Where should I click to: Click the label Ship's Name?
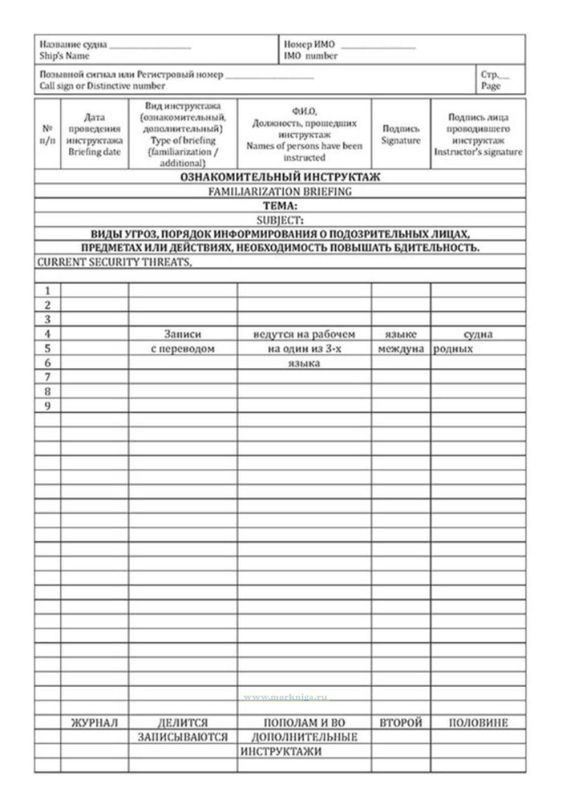pyautogui.click(x=64, y=56)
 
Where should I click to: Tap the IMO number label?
pyautogui.click(x=310, y=56)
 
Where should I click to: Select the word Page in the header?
pyautogui.click(x=491, y=86)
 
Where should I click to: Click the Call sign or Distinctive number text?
pyautogui.click(x=102, y=86)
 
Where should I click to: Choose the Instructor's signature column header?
pyautogui.click(x=478, y=152)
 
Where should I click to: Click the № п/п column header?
pyautogui.click(x=47, y=134)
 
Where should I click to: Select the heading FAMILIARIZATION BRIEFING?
pyautogui.click(x=280, y=191)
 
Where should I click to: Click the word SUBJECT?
pyautogui.click(x=280, y=220)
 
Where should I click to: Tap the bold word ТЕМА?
pyautogui.click(x=280, y=206)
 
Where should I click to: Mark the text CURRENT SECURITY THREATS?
pyautogui.click(x=114, y=262)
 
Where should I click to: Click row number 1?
pyautogui.click(x=47, y=290)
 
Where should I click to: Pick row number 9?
pyautogui.click(x=47, y=406)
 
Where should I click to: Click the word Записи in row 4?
pyautogui.click(x=183, y=334)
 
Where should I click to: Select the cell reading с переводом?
pyautogui.click(x=183, y=349)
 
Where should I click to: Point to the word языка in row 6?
pyautogui.click(x=304, y=363)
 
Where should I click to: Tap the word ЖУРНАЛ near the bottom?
pyautogui.click(x=94, y=723)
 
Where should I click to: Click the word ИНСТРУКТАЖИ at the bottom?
pyautogui.click(x=281, y=751)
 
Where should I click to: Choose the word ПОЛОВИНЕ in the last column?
pyautogui.click(x=478, y=723)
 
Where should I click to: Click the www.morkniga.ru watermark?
pyautogui.click(x=285, y=697)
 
